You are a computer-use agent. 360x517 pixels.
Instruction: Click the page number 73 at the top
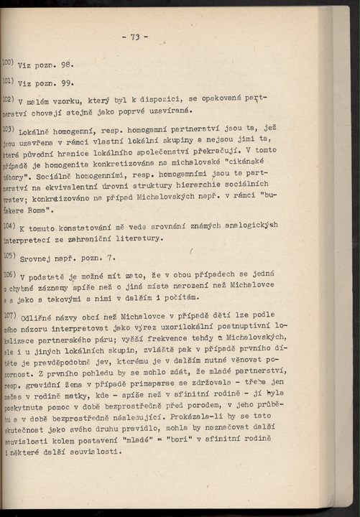point(134,37)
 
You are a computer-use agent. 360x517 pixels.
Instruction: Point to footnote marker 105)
point(9,255)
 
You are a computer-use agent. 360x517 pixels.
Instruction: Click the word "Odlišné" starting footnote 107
point(41,317)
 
